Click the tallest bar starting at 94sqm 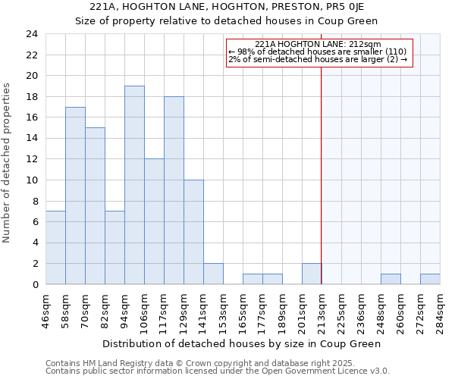(x=134, y=185)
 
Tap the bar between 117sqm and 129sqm (x=174, y=190)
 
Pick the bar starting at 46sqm (x=55, y=248)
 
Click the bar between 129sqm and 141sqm (x=193, y=232)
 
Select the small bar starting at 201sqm (x=311, y=274)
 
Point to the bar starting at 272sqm (x=430, y=279)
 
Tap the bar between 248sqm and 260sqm (x=391, y=279)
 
